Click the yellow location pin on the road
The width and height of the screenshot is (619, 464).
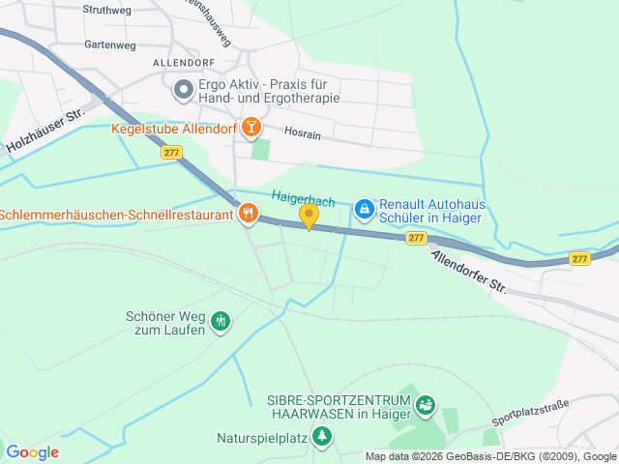309,216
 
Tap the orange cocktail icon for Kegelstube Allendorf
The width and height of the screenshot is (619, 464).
251,127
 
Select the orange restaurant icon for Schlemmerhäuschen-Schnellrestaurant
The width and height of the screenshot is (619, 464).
248,214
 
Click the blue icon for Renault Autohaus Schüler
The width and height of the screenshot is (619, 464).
364,208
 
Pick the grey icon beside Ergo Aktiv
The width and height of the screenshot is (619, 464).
183,91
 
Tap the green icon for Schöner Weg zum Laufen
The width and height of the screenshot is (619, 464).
221,321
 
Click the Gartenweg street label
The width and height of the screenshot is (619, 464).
110,44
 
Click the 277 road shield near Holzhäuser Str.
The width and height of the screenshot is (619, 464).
171,153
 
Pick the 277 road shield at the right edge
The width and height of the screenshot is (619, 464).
578,258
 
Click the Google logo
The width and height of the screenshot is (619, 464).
32,452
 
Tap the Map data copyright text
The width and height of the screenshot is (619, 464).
490,456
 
